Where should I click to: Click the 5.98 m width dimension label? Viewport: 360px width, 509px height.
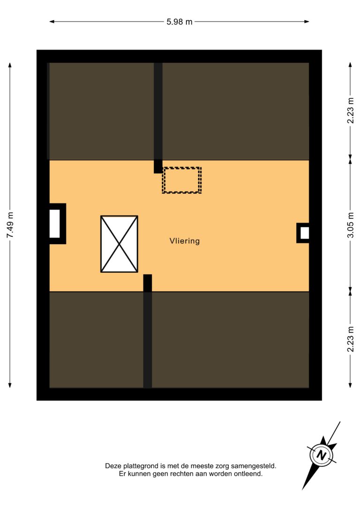tap(179, 22)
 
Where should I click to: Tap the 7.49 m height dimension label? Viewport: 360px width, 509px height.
tap(10, 225)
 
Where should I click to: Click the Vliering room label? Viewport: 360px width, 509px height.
tap(184, 241)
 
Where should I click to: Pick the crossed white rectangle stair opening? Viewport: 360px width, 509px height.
tap(119, 244)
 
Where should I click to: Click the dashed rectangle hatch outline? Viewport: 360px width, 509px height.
tap(182, 167)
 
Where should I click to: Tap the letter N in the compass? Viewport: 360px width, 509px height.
tap(322, 455)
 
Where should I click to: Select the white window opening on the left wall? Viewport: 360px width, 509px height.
tap(54, 224)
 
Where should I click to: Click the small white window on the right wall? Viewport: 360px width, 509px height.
tap(305, 233)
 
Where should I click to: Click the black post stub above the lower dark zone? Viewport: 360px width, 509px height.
tap(147, 283)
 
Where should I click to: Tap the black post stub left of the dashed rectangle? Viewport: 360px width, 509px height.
tap(158, 166)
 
